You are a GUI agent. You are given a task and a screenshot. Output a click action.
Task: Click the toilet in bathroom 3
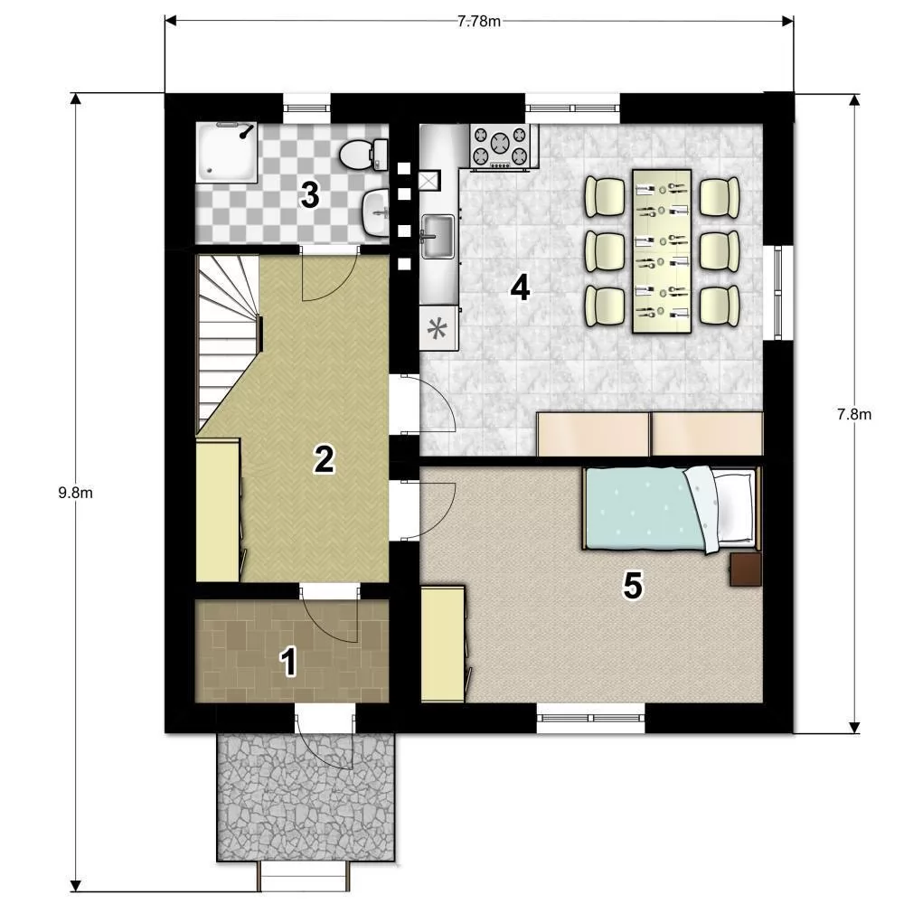363,155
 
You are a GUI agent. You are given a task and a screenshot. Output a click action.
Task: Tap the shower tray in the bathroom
227,152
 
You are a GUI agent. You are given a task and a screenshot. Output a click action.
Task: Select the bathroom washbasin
375,213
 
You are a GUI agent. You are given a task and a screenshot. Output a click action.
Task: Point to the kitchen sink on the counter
438,236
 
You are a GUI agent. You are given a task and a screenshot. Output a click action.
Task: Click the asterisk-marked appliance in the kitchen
438,328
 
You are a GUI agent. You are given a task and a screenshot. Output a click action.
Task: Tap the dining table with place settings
662,250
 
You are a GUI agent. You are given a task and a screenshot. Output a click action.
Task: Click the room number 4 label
521,287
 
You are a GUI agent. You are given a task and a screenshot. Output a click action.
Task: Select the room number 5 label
633,587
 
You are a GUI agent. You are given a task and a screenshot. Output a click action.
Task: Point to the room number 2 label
324,459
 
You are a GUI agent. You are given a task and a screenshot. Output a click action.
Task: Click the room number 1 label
288,662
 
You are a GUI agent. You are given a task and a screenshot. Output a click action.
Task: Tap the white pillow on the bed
733,507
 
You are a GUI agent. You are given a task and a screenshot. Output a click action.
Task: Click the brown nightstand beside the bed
746,569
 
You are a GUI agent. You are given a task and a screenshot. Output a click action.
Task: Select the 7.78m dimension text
479,22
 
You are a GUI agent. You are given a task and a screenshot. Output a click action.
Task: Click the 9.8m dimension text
76,493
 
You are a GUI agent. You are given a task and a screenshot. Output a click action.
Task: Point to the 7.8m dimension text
854,414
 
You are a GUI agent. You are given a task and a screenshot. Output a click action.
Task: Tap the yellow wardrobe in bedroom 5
444,644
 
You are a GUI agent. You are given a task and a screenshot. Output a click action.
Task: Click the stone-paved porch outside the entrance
306,797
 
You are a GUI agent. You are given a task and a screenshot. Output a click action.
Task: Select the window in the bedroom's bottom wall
591,719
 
